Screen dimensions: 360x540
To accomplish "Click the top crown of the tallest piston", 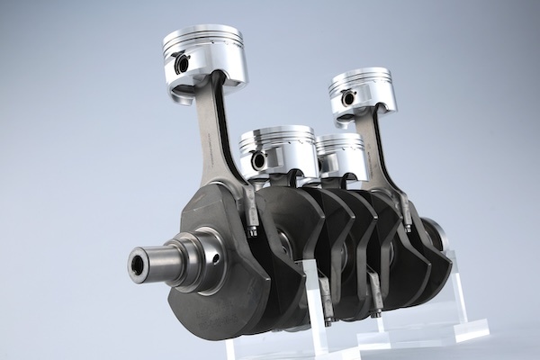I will coord(203,35).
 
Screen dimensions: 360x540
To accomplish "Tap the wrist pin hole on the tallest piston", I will coord(181,64).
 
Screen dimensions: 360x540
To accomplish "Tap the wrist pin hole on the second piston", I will coord(258,160).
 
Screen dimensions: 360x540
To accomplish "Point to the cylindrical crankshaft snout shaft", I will coord(162,261).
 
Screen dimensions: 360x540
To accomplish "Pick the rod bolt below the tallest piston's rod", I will coord(253,221).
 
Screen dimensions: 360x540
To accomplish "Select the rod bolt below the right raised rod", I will coord(407,216).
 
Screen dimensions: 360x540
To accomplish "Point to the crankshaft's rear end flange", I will coord(435,234).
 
